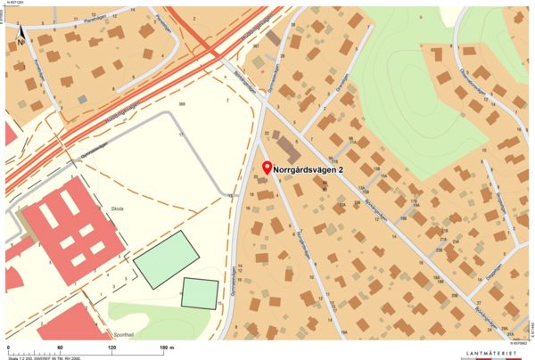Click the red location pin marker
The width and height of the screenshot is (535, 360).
tap(266, 168)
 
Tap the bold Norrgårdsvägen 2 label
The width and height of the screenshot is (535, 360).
tap(309, 168)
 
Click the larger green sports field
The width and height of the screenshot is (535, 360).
tap(166, 259)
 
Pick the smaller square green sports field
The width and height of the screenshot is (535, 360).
tap(200, 293)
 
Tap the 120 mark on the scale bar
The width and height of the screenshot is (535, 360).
tap(111, 347)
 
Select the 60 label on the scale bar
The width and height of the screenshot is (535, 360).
tap(60, 347)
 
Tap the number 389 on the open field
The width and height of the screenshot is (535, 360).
tap(182, 105)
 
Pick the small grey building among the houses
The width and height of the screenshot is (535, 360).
tap(82, 98)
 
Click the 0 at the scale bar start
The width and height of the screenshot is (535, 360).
tap(7, 347)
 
